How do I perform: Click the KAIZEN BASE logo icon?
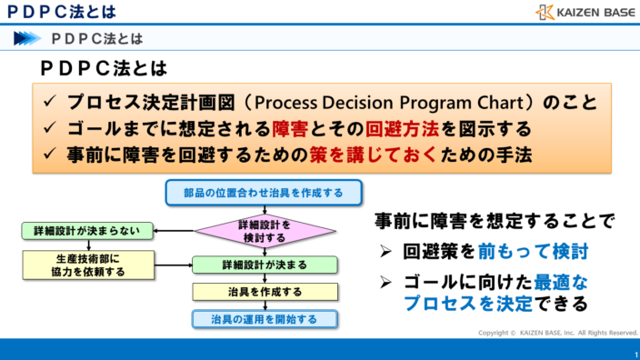tap(545, 12)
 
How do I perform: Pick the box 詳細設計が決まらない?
tap(79, 231)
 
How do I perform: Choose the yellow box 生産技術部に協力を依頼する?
tap(79, 265)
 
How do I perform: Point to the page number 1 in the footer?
tap(633, 354)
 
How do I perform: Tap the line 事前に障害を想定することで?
tap(495, 220)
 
